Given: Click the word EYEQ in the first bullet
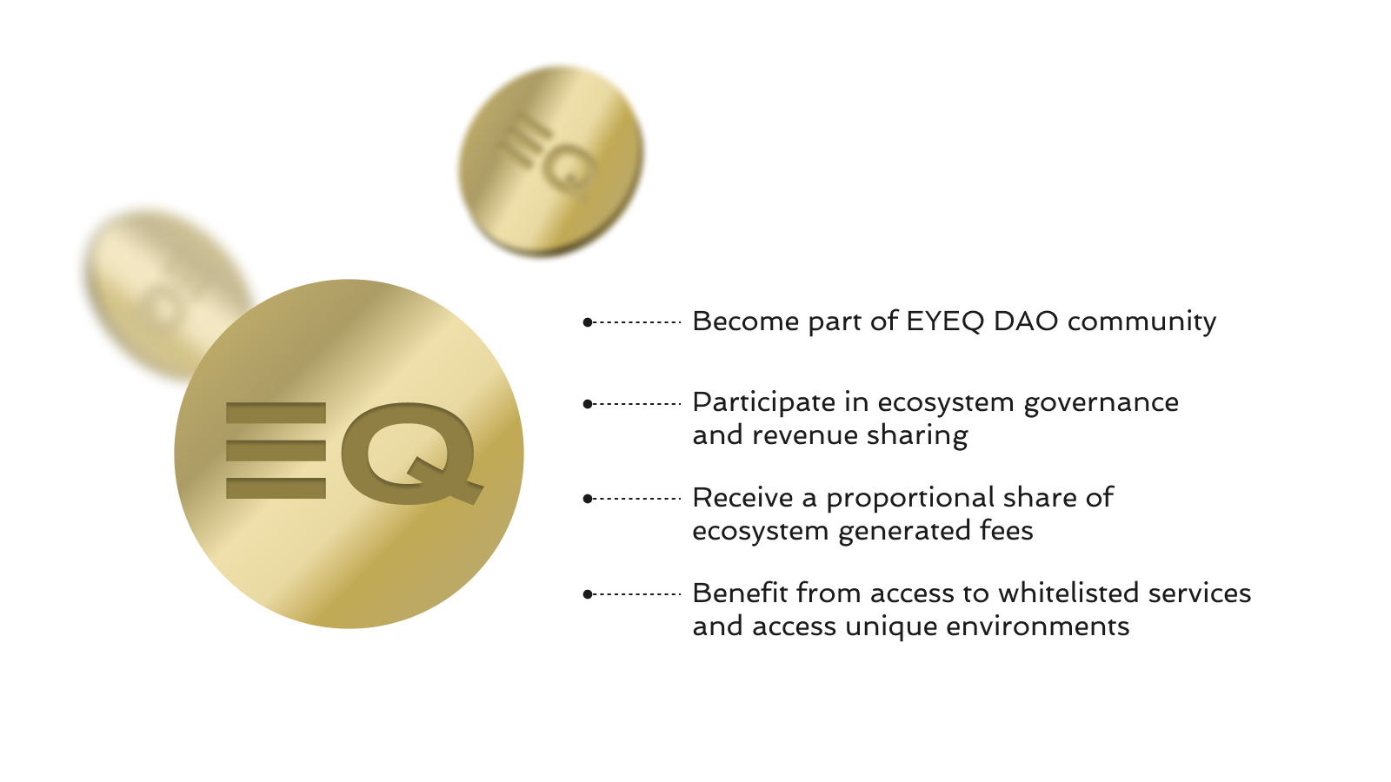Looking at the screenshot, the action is click(x=945, y=321).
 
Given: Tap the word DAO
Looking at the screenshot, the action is click(x=1026, y=321).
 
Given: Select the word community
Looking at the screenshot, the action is click(x=1142, y=322).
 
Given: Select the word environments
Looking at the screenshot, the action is click(x=1038, y=626).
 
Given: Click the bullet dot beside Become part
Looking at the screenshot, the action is click(x=588, y=322).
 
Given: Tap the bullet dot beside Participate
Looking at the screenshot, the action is click(x=588, y=404).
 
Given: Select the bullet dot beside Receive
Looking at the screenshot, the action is click(x=588, y=499).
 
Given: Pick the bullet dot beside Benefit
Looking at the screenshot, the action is click(x=588, y=594).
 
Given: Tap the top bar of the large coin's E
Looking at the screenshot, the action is click(x=276, y=414).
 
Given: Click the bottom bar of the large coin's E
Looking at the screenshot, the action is click(x=276, y=488).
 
